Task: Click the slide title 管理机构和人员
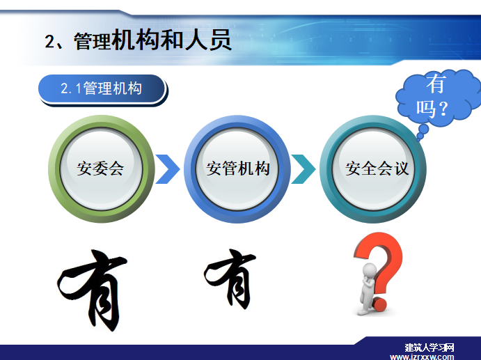click(152, 40)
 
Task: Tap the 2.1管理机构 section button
click(103, 90)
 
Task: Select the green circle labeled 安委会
click(101, 169)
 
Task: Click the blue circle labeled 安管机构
click(237, 169)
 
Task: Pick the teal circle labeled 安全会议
click(373, 169)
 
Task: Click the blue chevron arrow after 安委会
click(168, 169)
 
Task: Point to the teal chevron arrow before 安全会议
click(303, 169)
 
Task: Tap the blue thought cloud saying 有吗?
click(439, 97)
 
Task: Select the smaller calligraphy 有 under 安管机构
click(230, 279)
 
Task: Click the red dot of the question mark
click(380, 304)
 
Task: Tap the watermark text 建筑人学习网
click(429, 347)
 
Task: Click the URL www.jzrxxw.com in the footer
click(422, 357)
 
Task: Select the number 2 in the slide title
click(49, 41)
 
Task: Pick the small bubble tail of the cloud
click(422, 132)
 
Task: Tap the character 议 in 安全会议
click(401, 169)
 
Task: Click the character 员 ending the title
click(220, 40)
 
